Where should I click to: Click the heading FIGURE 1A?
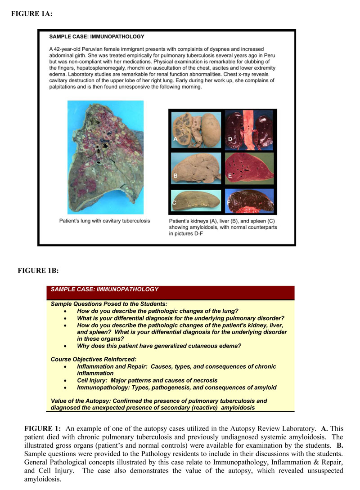click(x=32, y=14)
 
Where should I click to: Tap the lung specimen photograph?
click(x=105, y=157)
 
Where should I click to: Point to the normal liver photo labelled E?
click(x=250, y=168)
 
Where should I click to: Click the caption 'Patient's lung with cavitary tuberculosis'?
click(x=105, y=221)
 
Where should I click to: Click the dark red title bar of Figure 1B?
click(x=170, y=293)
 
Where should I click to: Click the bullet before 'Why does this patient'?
click(x=66, y=346)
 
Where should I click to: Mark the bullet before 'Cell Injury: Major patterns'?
click(x=66, y=380)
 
